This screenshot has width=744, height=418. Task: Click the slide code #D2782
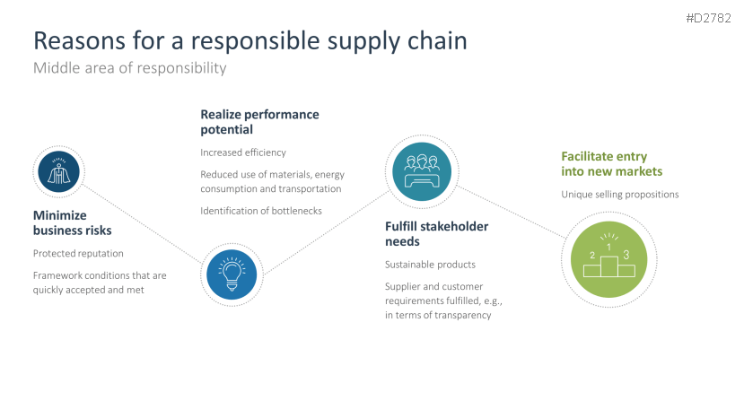pos(709,19)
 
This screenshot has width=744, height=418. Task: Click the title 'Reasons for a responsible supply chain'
pos(249,40)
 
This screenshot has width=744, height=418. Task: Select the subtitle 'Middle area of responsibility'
pos(129,68)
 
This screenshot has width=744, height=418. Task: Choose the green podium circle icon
pos(609,257)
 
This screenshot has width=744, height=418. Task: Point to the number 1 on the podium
pos(609,247)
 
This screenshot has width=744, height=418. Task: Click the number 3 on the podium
pos(626,255)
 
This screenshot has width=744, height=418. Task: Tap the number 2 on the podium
pos(592,256)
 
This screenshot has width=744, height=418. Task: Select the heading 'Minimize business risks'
pos(73,223)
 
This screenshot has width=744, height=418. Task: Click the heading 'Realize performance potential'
pos(259,122)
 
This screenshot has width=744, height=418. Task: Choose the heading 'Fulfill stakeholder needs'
pos(436,234)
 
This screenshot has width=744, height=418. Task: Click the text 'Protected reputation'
pos(78,254)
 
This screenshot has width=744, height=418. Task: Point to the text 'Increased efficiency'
pos(243,152)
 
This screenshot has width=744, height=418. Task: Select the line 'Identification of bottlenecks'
pos(261,211)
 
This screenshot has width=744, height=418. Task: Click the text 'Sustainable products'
pos(430,265)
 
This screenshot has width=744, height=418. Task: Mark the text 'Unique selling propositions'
pos(620,194)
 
